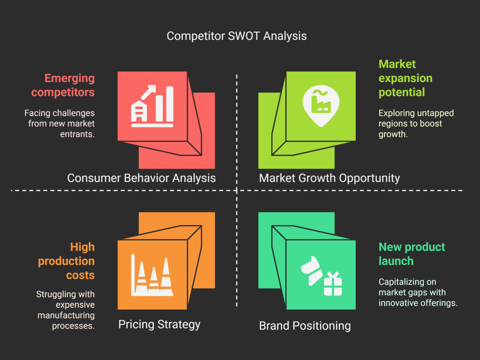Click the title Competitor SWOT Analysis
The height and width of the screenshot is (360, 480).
237,36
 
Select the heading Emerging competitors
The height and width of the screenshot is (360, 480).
63,85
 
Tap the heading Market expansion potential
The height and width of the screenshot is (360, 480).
405,78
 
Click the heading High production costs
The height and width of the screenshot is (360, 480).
66,261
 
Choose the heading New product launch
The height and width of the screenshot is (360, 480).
412,254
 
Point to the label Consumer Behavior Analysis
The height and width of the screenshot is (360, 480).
142,178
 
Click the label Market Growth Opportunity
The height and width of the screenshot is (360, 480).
329,178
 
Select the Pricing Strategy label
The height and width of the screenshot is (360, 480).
159,324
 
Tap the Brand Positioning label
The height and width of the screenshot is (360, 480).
305,326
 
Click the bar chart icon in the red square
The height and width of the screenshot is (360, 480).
152,106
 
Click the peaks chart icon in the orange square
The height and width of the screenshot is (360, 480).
152,275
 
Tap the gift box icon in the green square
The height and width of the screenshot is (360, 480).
333,284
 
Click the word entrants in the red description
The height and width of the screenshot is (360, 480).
77,134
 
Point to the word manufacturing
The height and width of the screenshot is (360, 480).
66,315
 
